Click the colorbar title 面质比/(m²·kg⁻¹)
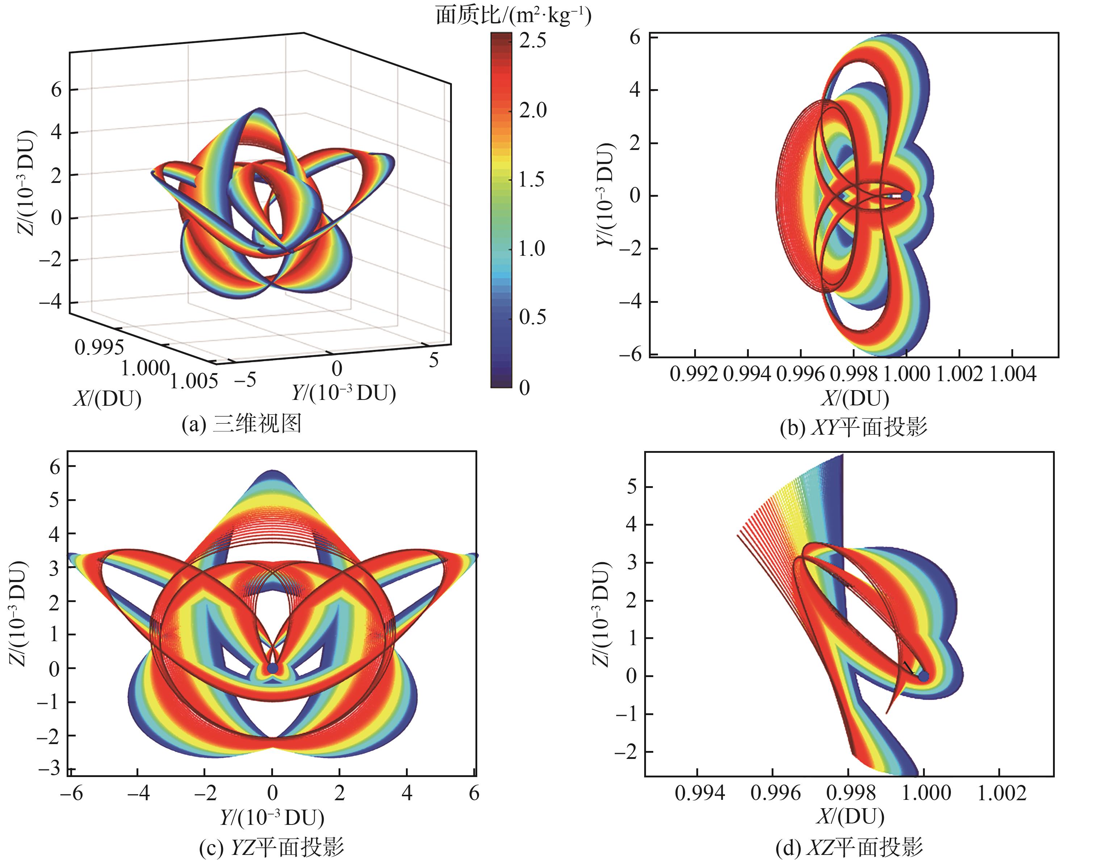click(513, 15)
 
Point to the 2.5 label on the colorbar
click(532, 40)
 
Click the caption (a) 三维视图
click(242, 423)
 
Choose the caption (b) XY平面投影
click(853, 427)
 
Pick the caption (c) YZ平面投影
click(272, 847)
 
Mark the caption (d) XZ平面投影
click(849, 847)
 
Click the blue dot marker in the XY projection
click(906, 196)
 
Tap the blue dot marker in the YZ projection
click(272, 668)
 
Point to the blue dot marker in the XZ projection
click(923, 676)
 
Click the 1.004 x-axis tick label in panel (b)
click(1012, 374)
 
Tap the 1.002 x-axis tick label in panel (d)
click(1002, 793)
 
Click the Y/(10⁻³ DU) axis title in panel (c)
click(272, 817)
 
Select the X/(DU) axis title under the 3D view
click(107, 399)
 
